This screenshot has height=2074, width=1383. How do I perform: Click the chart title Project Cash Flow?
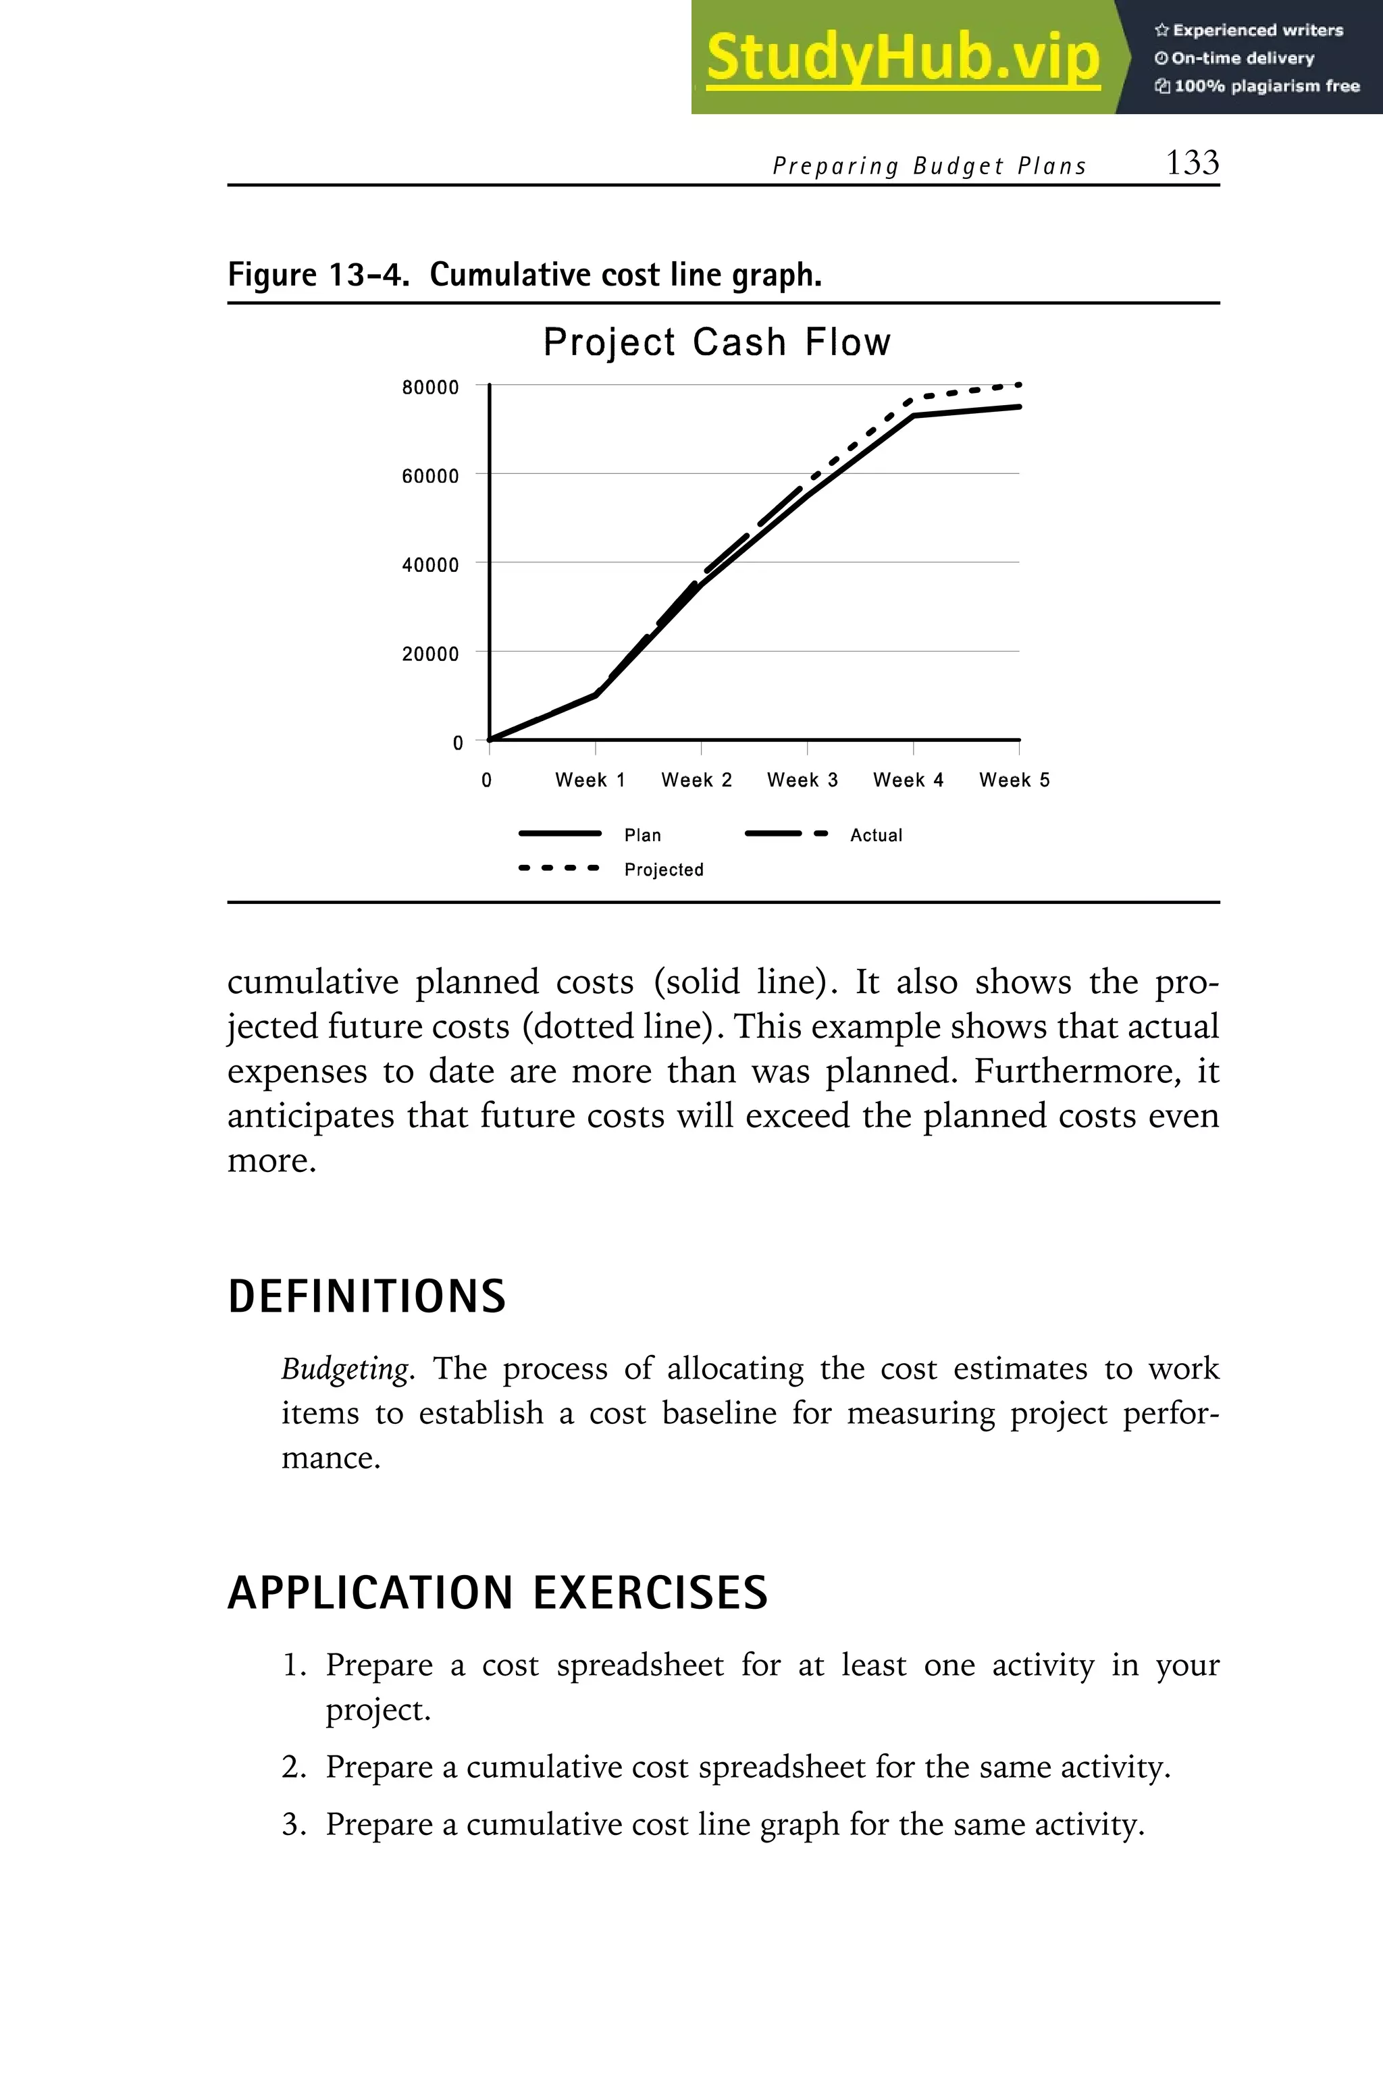[716, 342]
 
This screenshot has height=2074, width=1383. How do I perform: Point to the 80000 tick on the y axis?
[430, 387]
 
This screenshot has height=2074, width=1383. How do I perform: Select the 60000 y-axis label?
[430, 476]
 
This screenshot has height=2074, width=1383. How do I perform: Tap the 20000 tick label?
[430, 654]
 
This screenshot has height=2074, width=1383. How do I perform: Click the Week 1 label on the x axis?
[590, 780]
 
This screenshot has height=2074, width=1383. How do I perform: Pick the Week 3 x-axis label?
[802, 780]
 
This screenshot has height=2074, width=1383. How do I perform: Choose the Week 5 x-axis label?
[1014, 780]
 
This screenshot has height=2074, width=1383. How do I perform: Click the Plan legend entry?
[642, 835]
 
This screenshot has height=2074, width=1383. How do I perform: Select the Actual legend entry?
[875, 835]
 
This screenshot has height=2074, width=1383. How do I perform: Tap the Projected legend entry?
[663, 870]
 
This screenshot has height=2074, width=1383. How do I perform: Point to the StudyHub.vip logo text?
[902, 58]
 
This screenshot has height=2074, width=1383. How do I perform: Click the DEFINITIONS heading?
[367, 1296]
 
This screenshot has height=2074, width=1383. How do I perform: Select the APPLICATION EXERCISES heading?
[498, 1593]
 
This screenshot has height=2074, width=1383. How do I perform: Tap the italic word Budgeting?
[345, 1368]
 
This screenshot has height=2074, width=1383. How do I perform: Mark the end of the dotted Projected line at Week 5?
[1019, 384]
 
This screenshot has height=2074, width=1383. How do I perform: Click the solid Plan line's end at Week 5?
[1019, 406]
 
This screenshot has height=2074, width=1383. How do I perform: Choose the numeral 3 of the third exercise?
[292, 1824]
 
